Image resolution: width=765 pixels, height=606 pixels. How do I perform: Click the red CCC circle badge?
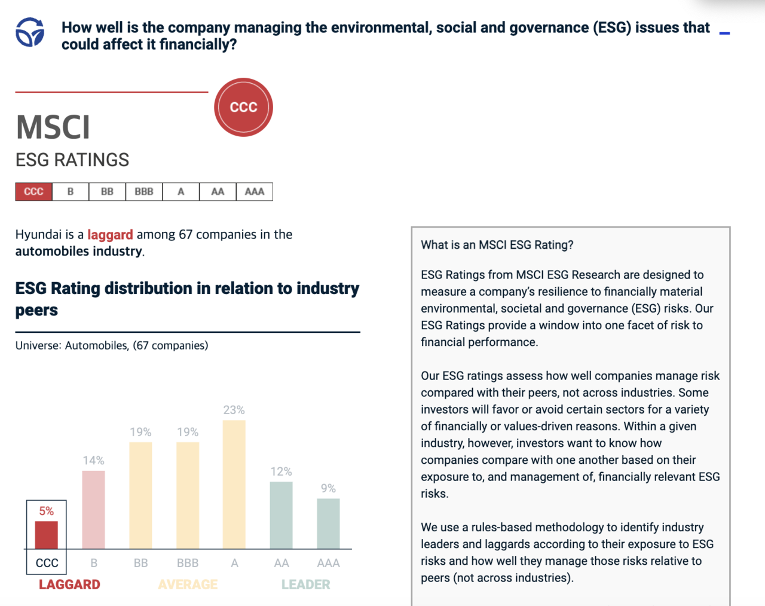coord(243,108)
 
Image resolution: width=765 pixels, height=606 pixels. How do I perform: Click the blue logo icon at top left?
coord(30,32)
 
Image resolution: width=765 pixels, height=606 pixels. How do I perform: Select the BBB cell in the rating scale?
coord(144,192)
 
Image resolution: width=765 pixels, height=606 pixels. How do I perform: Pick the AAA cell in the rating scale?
coord(255,192)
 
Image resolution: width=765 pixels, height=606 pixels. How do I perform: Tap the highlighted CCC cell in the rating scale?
coord(34,192)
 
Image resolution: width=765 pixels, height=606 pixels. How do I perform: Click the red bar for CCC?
coord(47,535)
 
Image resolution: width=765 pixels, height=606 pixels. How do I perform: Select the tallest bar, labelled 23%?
coord(234,484)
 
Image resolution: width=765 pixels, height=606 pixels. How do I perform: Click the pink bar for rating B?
coord(93,509)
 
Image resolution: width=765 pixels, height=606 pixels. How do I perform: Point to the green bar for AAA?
coord(328,524)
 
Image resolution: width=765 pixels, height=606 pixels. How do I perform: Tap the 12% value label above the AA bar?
coord(281,472)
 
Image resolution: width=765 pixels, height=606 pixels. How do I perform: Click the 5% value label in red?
coord(46,511)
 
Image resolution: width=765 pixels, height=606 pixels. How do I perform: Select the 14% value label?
coord(93,460)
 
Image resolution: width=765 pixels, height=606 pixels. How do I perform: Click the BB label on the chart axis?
coord(140,563)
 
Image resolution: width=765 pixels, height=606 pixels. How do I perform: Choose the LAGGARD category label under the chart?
coord(69,584)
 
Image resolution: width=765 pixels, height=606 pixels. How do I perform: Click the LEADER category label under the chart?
coord(305,584)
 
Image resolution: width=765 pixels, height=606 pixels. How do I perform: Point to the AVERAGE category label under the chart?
coord(188,584)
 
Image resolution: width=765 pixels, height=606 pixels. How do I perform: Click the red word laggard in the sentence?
coord(110,235)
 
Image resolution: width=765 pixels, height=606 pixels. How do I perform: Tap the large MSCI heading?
coord(53,127)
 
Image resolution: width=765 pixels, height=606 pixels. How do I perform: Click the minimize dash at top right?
coord(724,33)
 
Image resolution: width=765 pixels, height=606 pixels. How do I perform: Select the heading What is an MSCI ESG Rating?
coord(497,245)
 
